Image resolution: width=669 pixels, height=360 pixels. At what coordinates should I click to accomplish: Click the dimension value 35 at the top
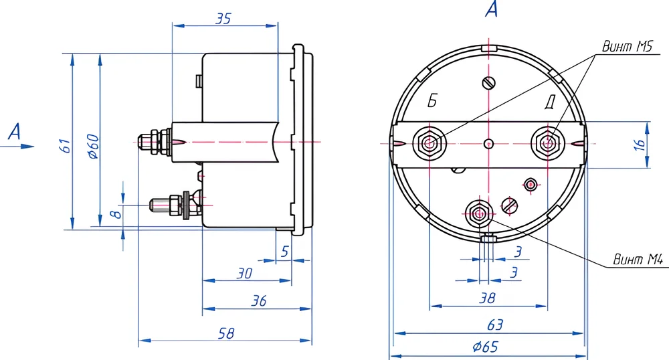223,19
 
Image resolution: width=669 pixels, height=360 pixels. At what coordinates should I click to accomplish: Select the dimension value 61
64,145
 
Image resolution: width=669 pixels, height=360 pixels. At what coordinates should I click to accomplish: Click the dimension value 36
258,301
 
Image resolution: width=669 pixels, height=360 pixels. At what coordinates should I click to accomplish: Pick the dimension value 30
244,273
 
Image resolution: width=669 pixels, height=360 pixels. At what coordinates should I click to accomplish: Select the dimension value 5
284,252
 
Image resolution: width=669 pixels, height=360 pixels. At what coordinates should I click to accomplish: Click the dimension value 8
115,214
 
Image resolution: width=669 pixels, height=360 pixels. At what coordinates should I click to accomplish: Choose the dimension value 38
488,298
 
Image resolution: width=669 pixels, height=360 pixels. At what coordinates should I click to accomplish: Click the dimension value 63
494,325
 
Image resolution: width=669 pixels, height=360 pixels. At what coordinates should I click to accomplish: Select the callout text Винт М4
637,260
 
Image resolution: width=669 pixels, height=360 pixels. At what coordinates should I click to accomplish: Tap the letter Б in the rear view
433,102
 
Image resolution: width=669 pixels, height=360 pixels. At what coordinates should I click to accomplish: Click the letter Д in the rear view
549,102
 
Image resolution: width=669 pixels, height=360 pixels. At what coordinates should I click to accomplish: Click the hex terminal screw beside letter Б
429,142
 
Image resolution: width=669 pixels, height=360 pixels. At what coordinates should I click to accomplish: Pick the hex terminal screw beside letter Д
548,142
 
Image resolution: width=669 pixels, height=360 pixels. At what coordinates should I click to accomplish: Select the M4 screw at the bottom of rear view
479,213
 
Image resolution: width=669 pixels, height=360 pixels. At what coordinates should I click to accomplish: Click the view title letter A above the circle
491,10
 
